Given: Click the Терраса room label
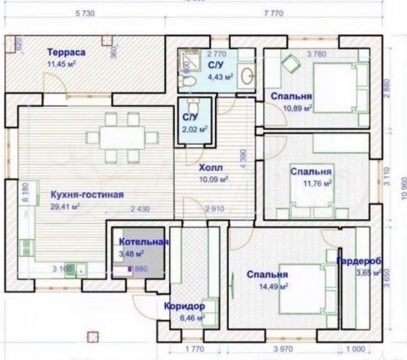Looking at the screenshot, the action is click(66, 53).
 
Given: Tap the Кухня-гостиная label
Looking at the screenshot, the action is click(87, 195).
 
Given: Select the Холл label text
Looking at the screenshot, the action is click(211, 168).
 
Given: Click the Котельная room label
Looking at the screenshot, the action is click(144, 242).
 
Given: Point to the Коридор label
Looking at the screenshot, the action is click(185, 306).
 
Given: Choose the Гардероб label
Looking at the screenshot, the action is click(359, 261).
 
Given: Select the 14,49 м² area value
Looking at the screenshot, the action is click(273, 285).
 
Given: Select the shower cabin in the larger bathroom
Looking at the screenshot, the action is click(190, 60).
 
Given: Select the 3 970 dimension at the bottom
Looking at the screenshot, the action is click(283, 349).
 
